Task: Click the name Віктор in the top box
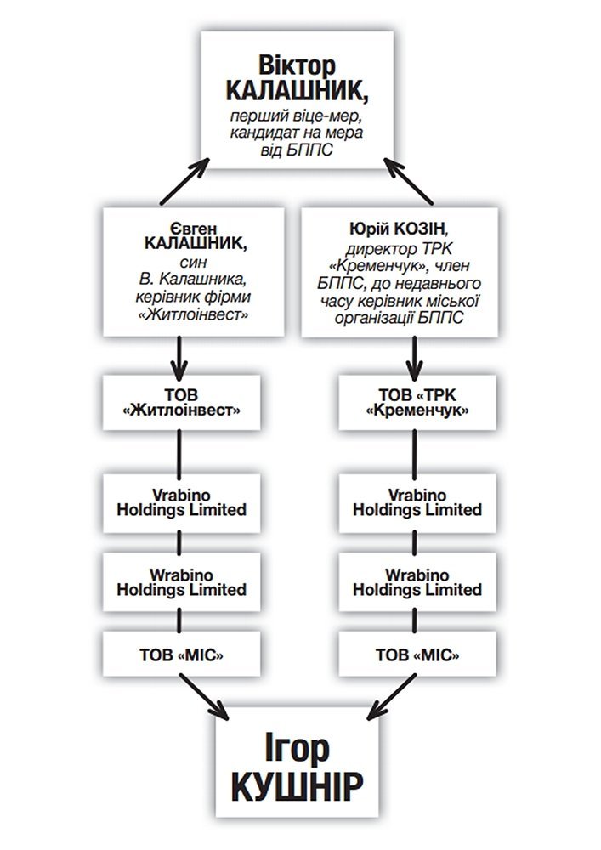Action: pos(297,65)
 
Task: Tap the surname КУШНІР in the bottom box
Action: pos(297,787)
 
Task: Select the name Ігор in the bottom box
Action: pos(297,748)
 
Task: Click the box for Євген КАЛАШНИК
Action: pos(194,272)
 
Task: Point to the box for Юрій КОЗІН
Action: pos(400,272)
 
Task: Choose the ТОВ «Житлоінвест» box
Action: pos(182,403)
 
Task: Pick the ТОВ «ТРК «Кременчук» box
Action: pos(417,403)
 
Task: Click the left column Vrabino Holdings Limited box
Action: pos(182,502)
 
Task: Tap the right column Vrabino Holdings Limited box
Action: pos(417,502)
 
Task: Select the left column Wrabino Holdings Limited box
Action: pos(182,582)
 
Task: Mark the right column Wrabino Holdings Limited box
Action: pos(417,582)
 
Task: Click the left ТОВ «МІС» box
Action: pos(182,654)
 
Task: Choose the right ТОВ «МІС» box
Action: pos(417,654)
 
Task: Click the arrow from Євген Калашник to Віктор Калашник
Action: pos(184,182)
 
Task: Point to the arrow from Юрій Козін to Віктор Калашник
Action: pos(408,181)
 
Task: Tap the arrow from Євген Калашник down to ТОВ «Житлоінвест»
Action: pos(179,358)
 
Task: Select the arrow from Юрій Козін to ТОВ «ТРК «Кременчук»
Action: pos(415,358)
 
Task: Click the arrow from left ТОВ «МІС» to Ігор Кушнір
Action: pos(204,697)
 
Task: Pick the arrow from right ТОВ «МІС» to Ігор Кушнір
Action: pos(392,697)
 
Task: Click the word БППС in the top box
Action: pos(312,150)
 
